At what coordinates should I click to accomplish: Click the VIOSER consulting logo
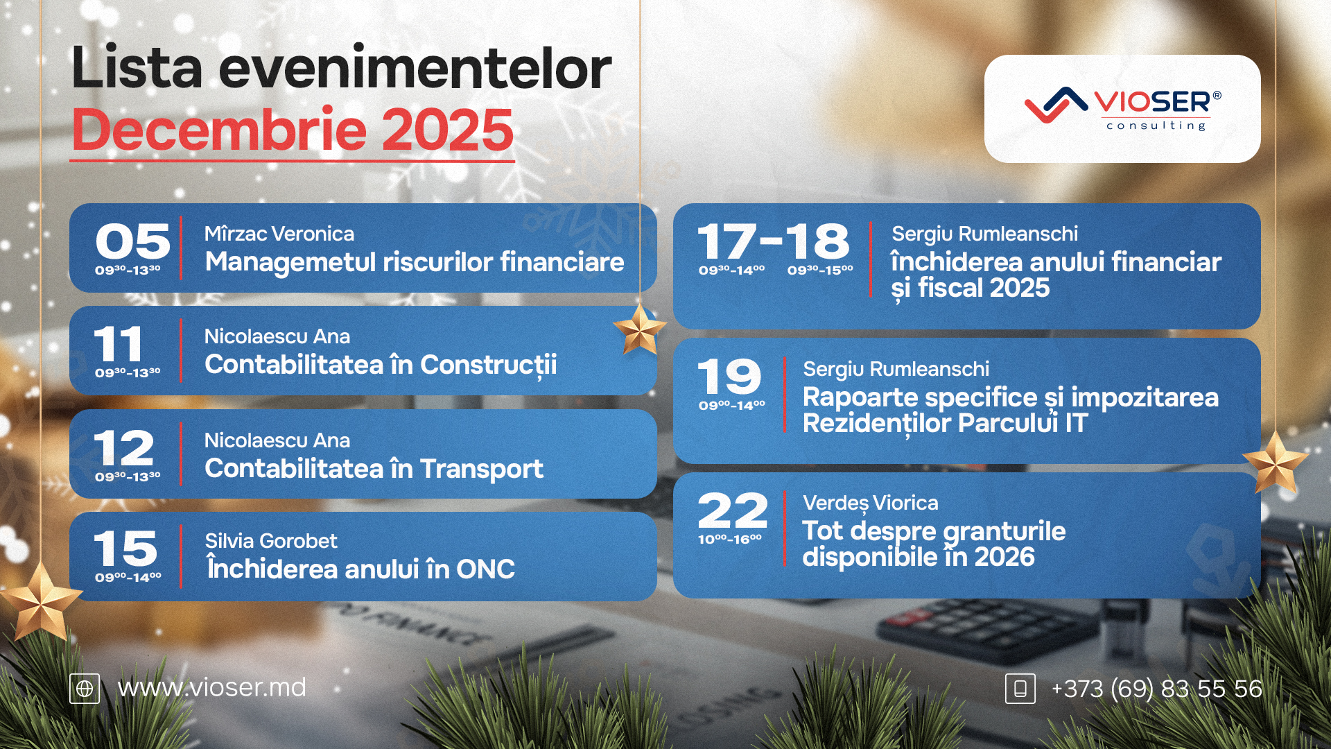pos(1122,109)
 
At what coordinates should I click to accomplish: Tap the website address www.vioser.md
pos(211,687)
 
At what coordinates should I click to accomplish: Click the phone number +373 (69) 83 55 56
pos(1156,688)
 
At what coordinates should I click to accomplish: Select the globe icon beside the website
pos(85,689)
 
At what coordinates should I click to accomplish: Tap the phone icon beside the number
pos(1020,689)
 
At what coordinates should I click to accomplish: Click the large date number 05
pos(132,241)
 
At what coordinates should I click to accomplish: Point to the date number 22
pos(733,510)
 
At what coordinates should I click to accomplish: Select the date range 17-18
pos(773,241)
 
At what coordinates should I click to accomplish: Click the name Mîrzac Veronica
pos(279,234)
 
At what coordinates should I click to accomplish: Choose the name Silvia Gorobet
pos(271,541)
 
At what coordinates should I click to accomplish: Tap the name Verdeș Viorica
pos(871,503)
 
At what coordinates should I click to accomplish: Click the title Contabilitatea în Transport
pos(374,469)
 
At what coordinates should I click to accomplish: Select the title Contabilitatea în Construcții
pos(381,365)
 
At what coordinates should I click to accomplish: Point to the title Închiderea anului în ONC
pos(360,568)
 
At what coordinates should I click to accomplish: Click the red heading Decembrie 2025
pos(293,130)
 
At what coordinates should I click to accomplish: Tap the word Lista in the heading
pos(137,68)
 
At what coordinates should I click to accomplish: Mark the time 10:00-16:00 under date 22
pos(730,539)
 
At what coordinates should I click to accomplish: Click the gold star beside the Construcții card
pos(639,329)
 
